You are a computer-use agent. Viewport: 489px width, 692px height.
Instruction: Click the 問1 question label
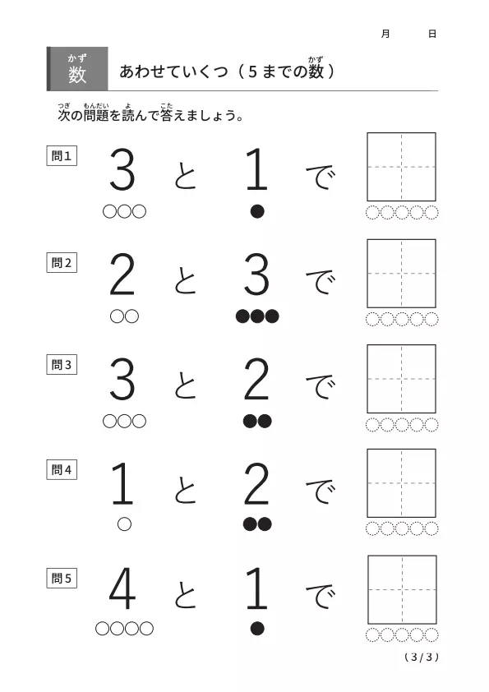pyautogui.click(x=62, y=156)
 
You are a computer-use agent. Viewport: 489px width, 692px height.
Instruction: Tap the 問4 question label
pyautogui.click(x=62, y=469)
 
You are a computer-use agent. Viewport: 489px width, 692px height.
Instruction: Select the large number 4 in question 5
pyautogui.click(x=122, y=588)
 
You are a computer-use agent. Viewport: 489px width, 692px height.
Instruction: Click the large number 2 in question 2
pyautogui.click(x=122, y=274)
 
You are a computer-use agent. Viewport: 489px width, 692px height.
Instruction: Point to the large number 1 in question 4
pyautogui.click(x=122, y=483)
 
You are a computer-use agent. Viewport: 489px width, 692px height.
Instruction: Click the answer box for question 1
pyautogui.click(x=402, y=167)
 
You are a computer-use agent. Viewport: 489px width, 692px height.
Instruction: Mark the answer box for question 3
pyautogui.click(x=402, y=379)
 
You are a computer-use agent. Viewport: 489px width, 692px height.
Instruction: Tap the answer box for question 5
pyautogui.click(x=402, y=589)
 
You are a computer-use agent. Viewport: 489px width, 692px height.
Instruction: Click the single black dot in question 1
pyautogui.click(x=257, y=211)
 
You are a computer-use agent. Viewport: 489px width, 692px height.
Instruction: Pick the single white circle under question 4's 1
pyautogui.click(x=124, y=524)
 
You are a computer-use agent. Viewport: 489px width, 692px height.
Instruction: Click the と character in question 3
pyautogui.click(x=186, y=385)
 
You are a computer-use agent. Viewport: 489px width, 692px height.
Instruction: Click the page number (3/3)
pyautogui.click(x=422, y=657)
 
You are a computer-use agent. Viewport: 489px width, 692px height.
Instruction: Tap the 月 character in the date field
pyautogui.click(x=385, y=34)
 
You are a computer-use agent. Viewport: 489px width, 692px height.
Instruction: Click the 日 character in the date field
pyautogui.click(x=432, y=34)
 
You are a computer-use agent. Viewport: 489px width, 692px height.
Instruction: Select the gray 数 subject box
pyautogui.click(x=77, y=69)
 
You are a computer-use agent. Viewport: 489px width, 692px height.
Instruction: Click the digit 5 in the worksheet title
pyautogui.click(x=252, y=72)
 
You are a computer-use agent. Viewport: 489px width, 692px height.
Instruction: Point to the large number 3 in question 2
pyautogui.click(x=256, y=274)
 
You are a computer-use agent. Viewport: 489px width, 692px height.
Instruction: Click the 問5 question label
pyautogui.click(x=62, y=578)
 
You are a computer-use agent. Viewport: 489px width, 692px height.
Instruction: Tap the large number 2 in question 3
pyautogui.click(x=256, y=379)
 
